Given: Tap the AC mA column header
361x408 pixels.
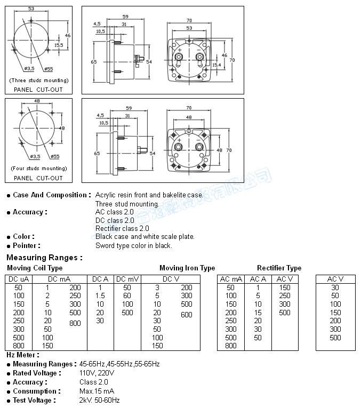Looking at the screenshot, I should pos(231,279).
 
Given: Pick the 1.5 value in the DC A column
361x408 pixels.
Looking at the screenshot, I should pos(100,295).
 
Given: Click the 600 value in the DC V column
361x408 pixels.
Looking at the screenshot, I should pos(186,315).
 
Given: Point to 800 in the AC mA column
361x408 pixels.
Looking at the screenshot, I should pos(231,346).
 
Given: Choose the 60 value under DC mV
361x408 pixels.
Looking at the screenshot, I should pos(127,295).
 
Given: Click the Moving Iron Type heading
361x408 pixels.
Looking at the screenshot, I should pos(187,268).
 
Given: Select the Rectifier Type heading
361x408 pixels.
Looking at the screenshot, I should pos(279,268).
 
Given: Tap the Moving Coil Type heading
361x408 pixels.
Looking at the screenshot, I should pos(35,268).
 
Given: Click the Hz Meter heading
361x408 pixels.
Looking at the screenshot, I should pos(22,355).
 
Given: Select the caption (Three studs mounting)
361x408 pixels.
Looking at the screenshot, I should pos(38,80).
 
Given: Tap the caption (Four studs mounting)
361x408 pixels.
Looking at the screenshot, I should pos(38,168).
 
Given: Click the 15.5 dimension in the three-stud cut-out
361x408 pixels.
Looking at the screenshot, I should pos(58,45).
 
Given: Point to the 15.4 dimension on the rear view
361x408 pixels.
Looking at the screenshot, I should pos(217,65).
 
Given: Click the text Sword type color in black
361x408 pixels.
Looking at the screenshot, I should pos(133,245).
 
